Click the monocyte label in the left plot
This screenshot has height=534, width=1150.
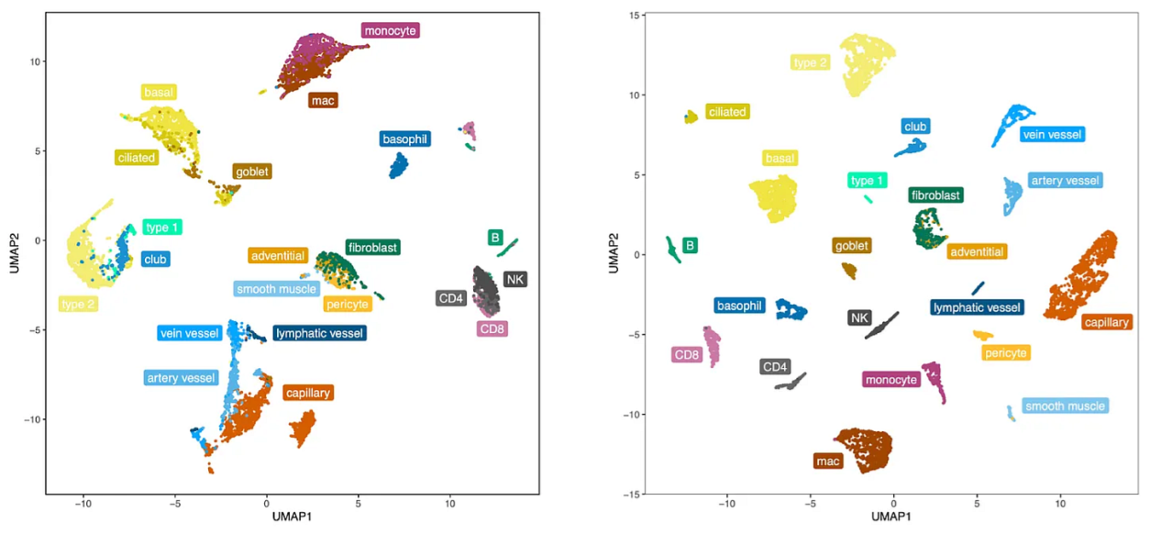coord(391,31)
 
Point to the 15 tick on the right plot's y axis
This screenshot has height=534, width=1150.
coord(633,16)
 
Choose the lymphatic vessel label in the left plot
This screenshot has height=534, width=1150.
coord(320,333)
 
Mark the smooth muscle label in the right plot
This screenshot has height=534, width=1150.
coord(1065,406)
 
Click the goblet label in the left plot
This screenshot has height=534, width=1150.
coord(253,172)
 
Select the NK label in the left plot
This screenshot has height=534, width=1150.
coord(514,279)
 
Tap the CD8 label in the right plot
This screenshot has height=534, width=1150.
coord(687,354)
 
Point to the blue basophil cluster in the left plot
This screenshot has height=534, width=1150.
coord(399,166)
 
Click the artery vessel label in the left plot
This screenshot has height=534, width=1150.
coord(181,378)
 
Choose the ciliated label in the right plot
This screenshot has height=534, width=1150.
coord(727,112)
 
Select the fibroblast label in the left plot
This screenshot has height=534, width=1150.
coord(373,247)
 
